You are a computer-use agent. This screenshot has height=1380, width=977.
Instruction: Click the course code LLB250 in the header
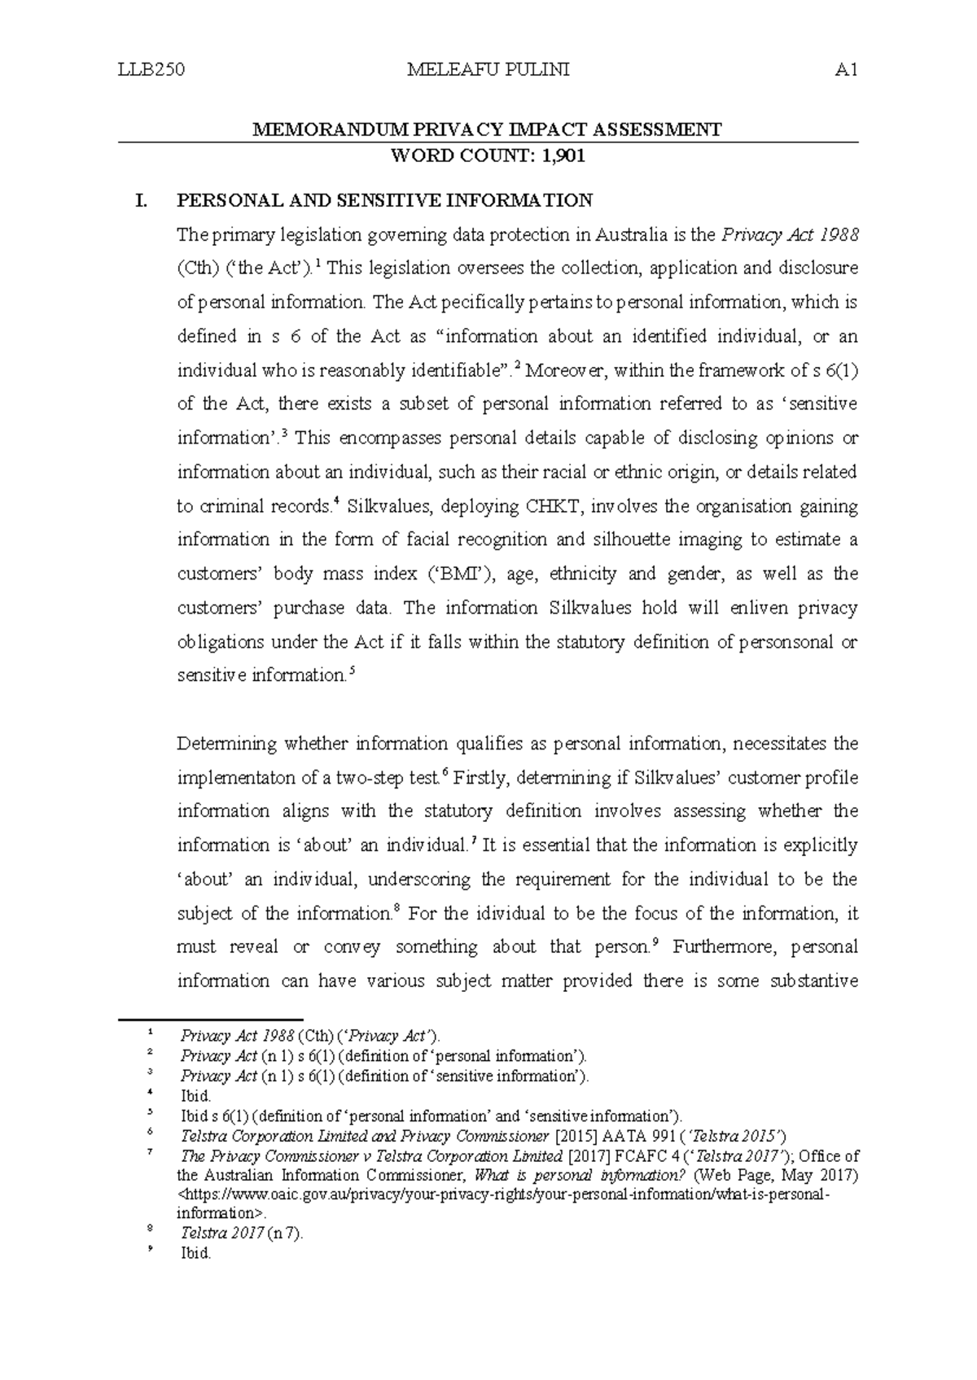tap(151, 70)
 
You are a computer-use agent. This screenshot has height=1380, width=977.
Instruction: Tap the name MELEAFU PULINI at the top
tap(488, 70)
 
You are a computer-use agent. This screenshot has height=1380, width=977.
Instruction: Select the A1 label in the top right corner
tap(847, 70)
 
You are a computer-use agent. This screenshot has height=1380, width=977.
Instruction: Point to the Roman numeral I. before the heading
tap(142, 200)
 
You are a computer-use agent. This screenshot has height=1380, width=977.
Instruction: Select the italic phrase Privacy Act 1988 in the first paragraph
tap(789, 235)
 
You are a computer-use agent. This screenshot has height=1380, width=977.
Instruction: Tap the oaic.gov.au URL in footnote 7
tap(505, 1195)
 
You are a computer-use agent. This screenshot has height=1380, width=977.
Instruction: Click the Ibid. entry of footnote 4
tap(195, 1096)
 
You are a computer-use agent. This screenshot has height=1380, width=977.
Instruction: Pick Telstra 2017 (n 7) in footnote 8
tap(241, 1234)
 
